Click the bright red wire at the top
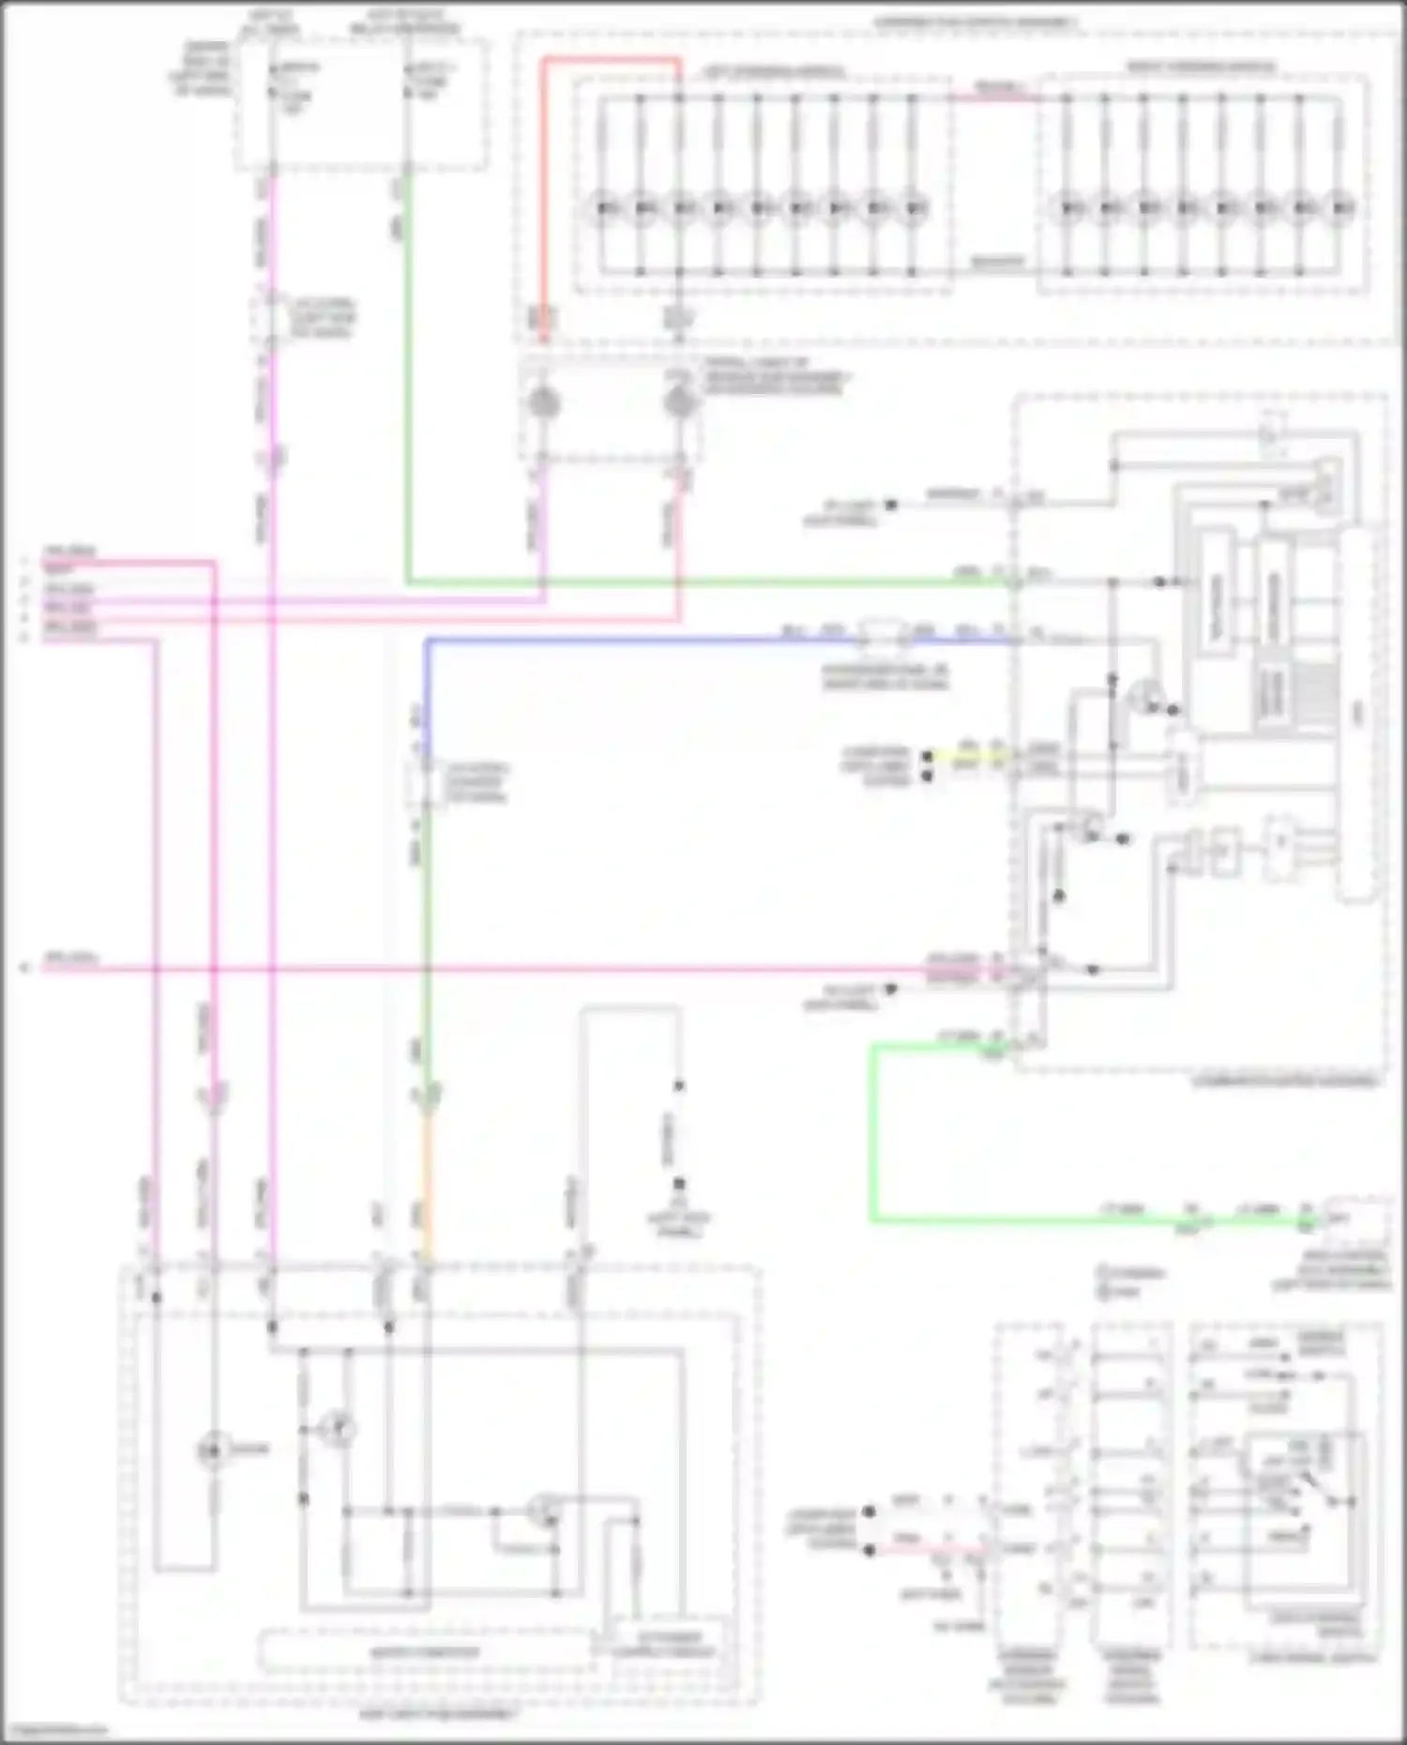610,60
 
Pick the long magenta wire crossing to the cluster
563,969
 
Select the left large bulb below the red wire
542,404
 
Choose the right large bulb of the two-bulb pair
679,404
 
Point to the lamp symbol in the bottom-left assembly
212,1452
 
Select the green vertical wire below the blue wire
425,938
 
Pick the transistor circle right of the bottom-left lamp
338,1429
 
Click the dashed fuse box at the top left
361,105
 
